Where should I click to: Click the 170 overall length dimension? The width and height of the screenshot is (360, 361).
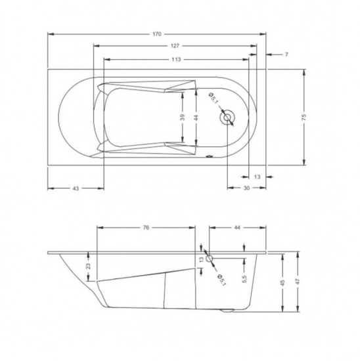[157, 33]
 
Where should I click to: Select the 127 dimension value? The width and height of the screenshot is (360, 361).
[175, 46]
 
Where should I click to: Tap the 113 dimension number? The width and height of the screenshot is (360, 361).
[176, 59]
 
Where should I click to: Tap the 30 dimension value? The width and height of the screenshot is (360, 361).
[246, 188]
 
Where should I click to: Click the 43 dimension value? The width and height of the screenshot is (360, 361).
[76, 188]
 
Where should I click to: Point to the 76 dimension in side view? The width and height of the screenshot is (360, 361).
[146, 227]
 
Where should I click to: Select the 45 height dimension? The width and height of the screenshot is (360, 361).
[283, 282]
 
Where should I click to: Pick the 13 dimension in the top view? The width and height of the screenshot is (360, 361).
[257, 177]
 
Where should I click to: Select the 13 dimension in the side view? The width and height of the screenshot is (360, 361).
[202, 259]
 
